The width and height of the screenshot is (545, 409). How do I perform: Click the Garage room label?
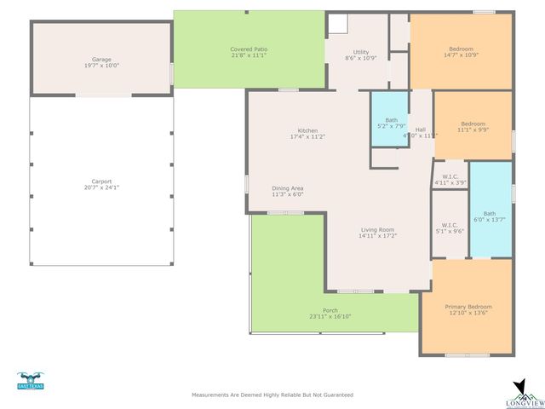101,59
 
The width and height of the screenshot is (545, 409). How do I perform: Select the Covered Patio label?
249,49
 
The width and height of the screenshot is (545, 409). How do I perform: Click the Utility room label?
360,52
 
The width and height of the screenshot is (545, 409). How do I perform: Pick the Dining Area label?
287,188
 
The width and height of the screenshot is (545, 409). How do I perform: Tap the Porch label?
330,310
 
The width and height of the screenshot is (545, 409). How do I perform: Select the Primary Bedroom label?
468,306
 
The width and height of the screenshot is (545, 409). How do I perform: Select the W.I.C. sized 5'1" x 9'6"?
450,225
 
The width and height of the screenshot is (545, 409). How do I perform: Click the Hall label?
420,130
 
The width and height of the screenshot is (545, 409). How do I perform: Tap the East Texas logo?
30,381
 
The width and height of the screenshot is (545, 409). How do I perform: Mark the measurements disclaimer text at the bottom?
272,395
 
